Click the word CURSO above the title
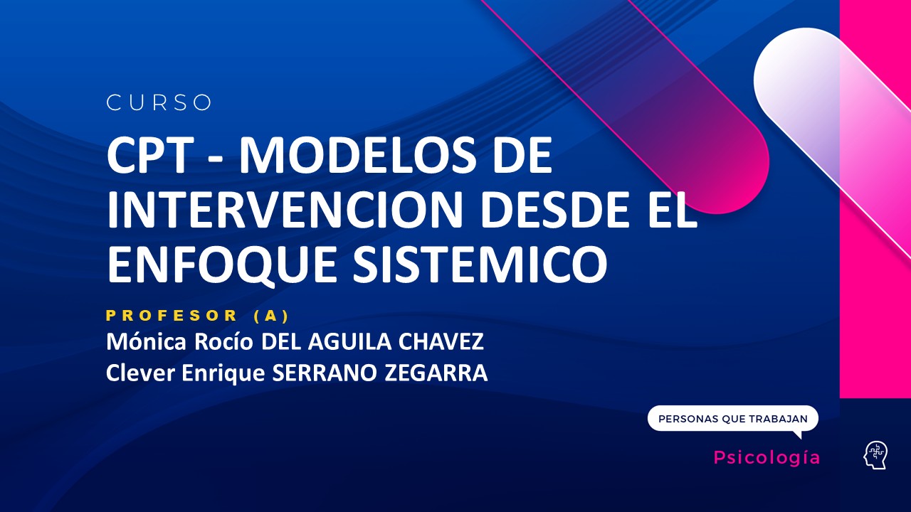159,103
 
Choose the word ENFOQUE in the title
214,262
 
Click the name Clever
135,373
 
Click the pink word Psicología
767,458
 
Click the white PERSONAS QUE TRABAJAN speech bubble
733,419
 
